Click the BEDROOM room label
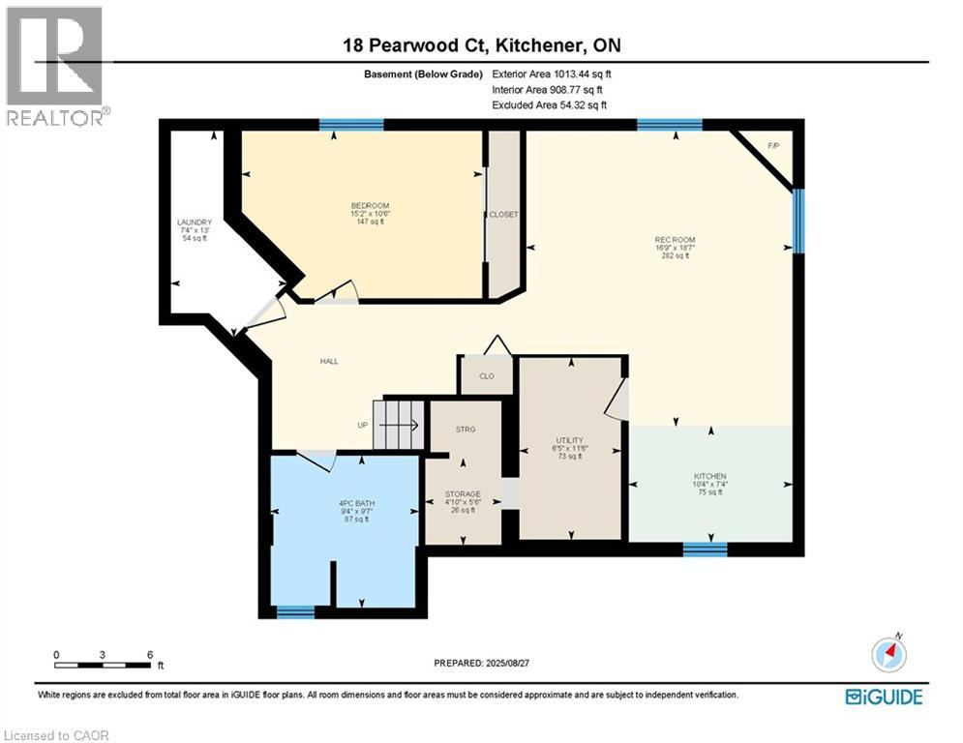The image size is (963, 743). click(370, 206)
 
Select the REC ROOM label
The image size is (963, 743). click(675, 240)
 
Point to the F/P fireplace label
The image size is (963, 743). click(772, 145)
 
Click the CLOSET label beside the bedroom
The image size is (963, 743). click(503, 215)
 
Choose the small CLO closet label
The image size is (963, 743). click(486, 376)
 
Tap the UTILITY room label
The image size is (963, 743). click(569, 440)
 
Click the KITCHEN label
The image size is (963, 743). click(709, 476)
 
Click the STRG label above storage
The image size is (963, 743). click(465, 429)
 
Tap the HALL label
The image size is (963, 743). click(329, 362)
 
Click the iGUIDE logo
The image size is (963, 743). click(883, 697)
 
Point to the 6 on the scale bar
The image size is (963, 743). click(150, 654)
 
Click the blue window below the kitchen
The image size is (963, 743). click(705, 549)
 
